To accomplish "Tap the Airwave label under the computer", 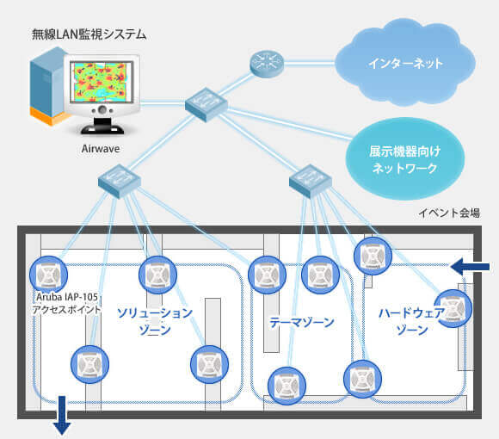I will (100, 149).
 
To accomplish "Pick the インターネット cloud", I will (405, 63).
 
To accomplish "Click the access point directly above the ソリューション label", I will (157, 275).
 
